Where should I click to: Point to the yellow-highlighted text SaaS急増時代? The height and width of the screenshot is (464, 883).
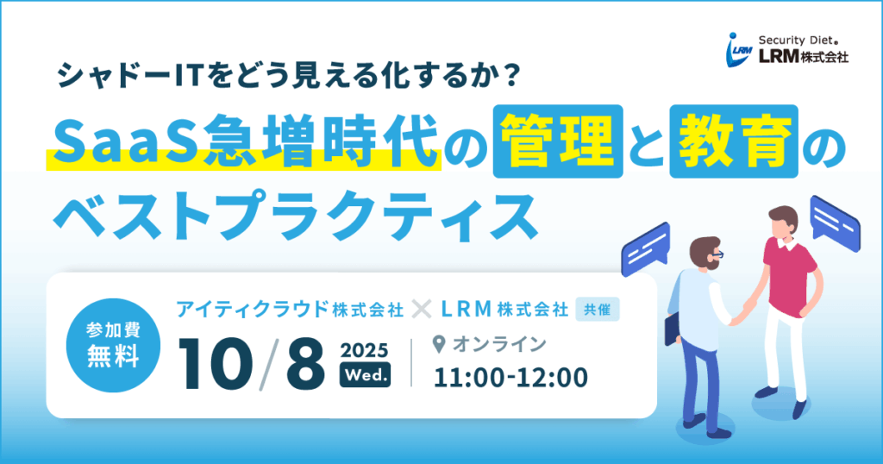244,142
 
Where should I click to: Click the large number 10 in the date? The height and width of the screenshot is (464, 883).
216,363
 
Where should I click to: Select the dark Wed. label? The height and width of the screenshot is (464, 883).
365,376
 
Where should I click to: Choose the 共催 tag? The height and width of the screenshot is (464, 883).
598,309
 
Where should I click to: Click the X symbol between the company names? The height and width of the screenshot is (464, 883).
420,309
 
